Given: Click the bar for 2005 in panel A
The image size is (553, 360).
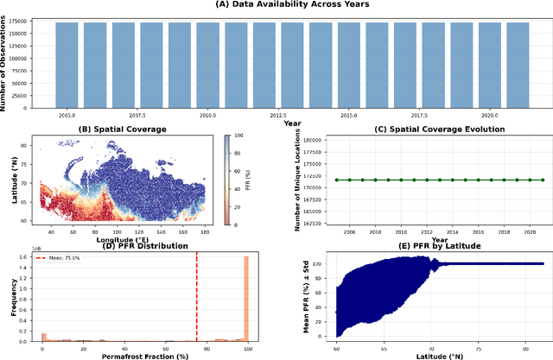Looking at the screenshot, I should pyautogui.click(x=67, y=64).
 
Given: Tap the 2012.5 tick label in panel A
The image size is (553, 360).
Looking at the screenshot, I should pyautogui.click(x=278, y=114).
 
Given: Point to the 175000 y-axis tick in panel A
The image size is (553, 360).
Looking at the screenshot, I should pyautogui.click(x=39, y=23).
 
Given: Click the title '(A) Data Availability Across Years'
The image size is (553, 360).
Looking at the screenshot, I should pyautogui.click(x=278, y=4).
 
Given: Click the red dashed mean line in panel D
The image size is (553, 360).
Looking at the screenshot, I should pyautogui.click(x=196, y=294).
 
